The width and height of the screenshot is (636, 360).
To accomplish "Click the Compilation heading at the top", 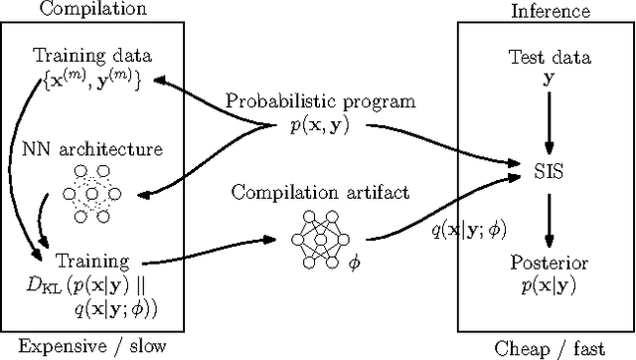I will pyautogui.click(x=79, y=9).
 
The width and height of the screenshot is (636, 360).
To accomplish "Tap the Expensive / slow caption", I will pyautogui.click(x=79, y=346).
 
